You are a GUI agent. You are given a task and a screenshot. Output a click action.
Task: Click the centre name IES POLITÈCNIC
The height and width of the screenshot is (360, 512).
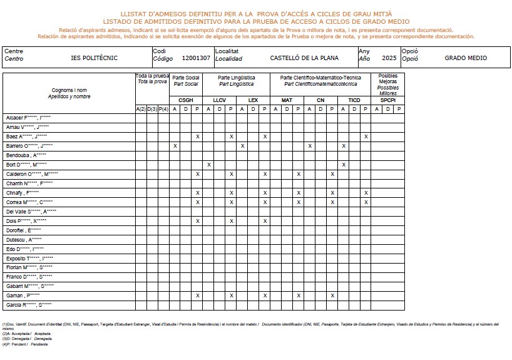pyautogui.click(x=95, y=58)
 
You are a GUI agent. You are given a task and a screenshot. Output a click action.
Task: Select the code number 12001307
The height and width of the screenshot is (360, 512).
pyautogui.click(x=195, y=58)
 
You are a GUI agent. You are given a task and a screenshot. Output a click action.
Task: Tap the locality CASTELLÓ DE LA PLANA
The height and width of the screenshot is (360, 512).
pyautogui.click(x=304, y=58)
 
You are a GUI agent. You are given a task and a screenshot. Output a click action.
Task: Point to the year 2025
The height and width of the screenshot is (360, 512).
pyautogui.click(x=389, y=58)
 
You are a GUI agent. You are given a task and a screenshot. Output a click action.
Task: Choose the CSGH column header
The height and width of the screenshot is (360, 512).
pyautogui.click(x=186, y=100)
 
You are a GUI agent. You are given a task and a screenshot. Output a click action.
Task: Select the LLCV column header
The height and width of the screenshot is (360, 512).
pyautogui.click(x=220, y=100)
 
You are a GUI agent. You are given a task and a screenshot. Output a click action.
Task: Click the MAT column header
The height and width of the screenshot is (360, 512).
pyautogui.click(x=287, y=100)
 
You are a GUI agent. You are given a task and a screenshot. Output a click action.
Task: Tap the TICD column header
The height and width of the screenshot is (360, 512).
pyautogui.click(x=354, y=100)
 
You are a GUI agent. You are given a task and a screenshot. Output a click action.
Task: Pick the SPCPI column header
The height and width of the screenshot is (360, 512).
pyautogui.click(x=387, y=100)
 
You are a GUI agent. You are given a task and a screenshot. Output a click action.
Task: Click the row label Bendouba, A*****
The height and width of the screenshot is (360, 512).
pyautogui.click(x=26, y=155)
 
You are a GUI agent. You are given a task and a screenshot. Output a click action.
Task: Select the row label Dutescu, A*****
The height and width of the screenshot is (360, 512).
pyautogui.click(x=24, y=240)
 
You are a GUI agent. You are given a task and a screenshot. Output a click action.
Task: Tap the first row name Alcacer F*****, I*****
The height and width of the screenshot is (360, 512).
pyautogui.click(x=28, y=118)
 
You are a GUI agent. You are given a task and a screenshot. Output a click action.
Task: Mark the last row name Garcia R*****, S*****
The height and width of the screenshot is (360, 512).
pyautogui.click(x=29, y=305)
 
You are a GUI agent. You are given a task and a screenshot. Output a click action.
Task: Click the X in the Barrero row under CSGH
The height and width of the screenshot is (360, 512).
pyautogui.click(x=175, y=146)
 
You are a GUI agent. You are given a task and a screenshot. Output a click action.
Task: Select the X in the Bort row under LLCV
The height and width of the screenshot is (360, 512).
pyautogui.click(x=208, y=165)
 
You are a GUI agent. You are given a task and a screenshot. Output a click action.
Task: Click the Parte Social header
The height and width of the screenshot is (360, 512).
pyautogui.click(x=186, y=80)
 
